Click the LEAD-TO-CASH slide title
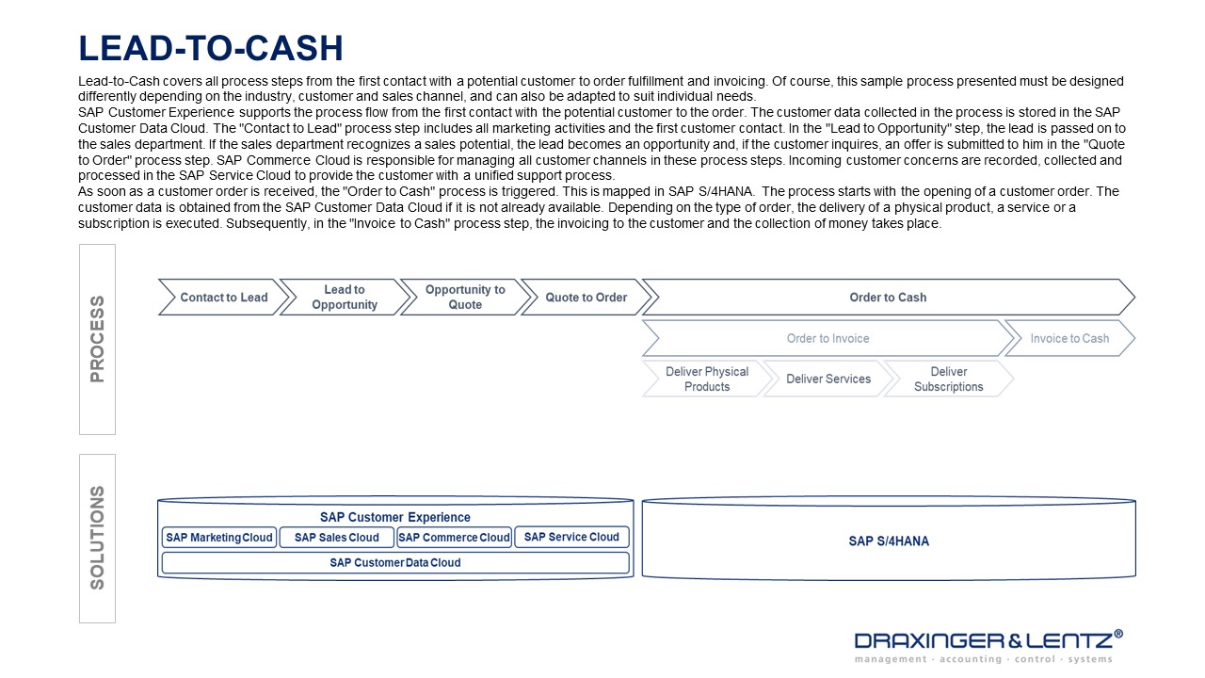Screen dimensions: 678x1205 [x=211, y=47]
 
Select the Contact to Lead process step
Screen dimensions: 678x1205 [x=223, y=298]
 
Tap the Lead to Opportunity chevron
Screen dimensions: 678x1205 [x=345, y=298]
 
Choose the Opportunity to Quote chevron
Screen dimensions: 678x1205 [x=465, y=298]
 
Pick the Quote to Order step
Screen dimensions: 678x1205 [x=586, y=298]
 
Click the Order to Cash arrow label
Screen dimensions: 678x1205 [x=888, y=298]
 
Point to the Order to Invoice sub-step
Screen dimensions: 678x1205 [x=827, y=339]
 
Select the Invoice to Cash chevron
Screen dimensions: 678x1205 [x=1069, y=339]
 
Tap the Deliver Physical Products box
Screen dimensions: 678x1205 [x=706, y=379]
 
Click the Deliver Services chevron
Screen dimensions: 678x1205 [x=828, y=379]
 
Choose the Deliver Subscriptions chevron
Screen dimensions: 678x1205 [x=948, y=379]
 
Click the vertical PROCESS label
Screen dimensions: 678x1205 [x=97, y=339]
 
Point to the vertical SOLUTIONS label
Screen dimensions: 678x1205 [x=97, y=538]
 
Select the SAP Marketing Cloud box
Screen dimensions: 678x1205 [x=219, y=538]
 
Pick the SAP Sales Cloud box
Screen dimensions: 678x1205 [x=336, y=538]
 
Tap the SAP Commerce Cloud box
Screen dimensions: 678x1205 [x=454, y=538]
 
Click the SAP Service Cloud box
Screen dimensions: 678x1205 [x=571, y=538]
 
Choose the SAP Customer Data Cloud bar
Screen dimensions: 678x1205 [x=395, y=563]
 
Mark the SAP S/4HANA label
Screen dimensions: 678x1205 [x=889, y=541]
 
